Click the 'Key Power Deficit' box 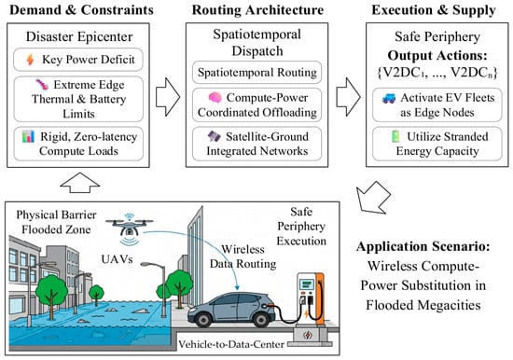[78, 60]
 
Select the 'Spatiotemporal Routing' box [256, 73]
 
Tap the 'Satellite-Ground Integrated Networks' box [256, 144]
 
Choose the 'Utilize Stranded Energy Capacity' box [437, 144]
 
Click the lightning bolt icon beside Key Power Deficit [30, 60]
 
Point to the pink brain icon [215, 97]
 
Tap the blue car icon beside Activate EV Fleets [389, 98]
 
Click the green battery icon [395, 136]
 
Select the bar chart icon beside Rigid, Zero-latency [29, 136]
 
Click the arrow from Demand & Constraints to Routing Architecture [168, 97]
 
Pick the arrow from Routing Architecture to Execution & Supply [349, 97]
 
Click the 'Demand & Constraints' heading [81, 10]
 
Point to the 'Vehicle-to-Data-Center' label [231, 344]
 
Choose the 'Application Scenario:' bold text [423, 246]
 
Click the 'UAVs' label [117, 259]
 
